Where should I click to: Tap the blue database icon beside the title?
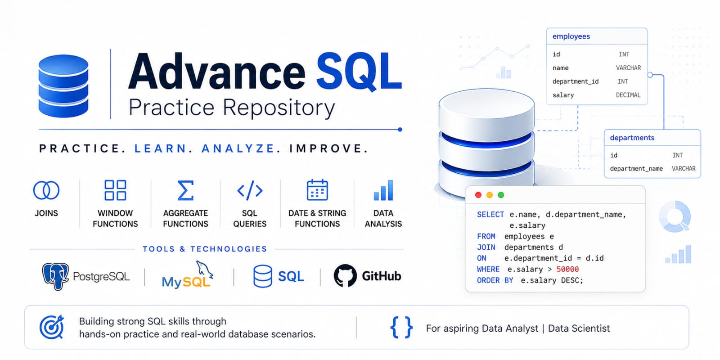(x=63, y=86)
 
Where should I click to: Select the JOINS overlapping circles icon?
(x=46, y=190)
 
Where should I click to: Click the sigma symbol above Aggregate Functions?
(x=186, y=190)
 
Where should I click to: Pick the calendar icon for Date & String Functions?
(x=317, y=190)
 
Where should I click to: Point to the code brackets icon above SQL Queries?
(x=250, y=190)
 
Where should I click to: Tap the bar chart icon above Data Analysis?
(x=383, y=190)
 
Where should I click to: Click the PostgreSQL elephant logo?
(x=55, y=276)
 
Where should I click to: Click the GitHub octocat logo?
(x=345, y=276)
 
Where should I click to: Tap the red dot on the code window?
(x=478, y=195)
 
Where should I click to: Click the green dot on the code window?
(x=501, y=195)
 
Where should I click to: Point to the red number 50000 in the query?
(x=567, y=270)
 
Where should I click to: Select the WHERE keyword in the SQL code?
(x=488, y=270)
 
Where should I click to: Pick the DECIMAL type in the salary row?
(x=628, y=95)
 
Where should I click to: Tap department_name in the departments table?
(x=636, y=169)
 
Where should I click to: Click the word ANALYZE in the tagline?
(x=238, y=148)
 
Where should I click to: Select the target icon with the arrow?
(x=52, y=327)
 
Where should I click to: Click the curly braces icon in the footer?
(x=401, y=327)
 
